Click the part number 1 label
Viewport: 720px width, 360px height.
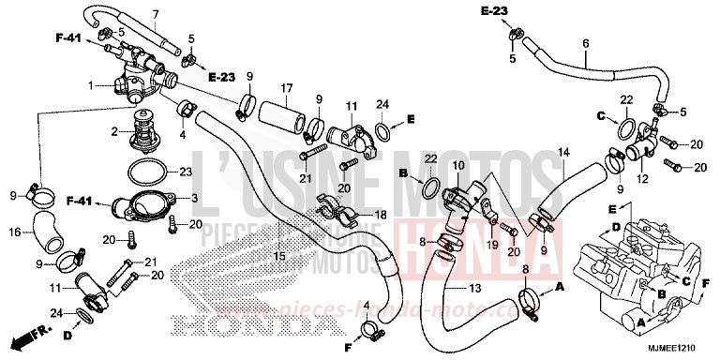click(91, 85)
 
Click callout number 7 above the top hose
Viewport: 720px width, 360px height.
click(156, 13)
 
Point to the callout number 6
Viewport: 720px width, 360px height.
click(585, 43)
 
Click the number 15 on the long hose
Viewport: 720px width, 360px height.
click(278, 256)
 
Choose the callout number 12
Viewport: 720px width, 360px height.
click(643, 178)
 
